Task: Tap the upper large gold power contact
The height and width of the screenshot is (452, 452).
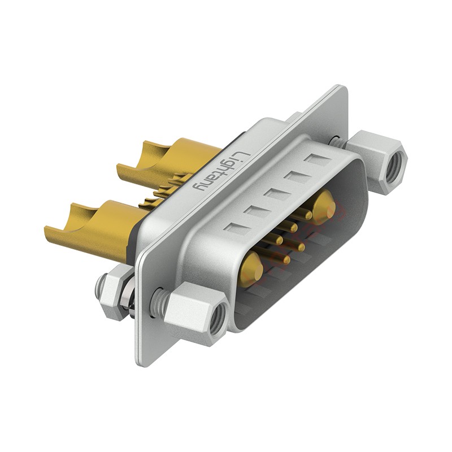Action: click(x=324, y=205)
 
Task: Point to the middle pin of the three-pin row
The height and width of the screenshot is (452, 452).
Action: click(x=294, y=227)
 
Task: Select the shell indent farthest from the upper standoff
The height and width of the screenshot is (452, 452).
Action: click(x=234, y=229)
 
